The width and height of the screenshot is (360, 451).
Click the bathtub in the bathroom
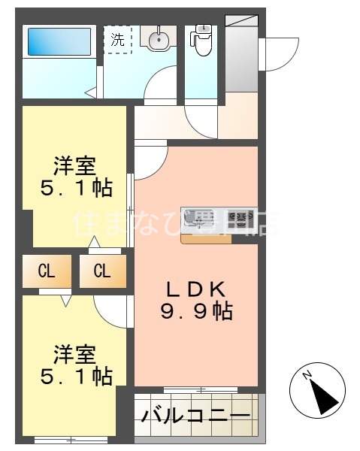[59, 42]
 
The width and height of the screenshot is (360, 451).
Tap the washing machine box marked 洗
[117, 40]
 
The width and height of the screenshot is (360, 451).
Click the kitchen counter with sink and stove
[218, 219]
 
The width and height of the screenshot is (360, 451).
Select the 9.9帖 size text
[195, 311]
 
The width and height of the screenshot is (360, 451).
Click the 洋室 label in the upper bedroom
[75, 165]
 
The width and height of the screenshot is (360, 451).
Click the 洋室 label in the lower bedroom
[75, 353]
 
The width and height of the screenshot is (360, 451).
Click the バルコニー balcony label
[196, 416]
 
